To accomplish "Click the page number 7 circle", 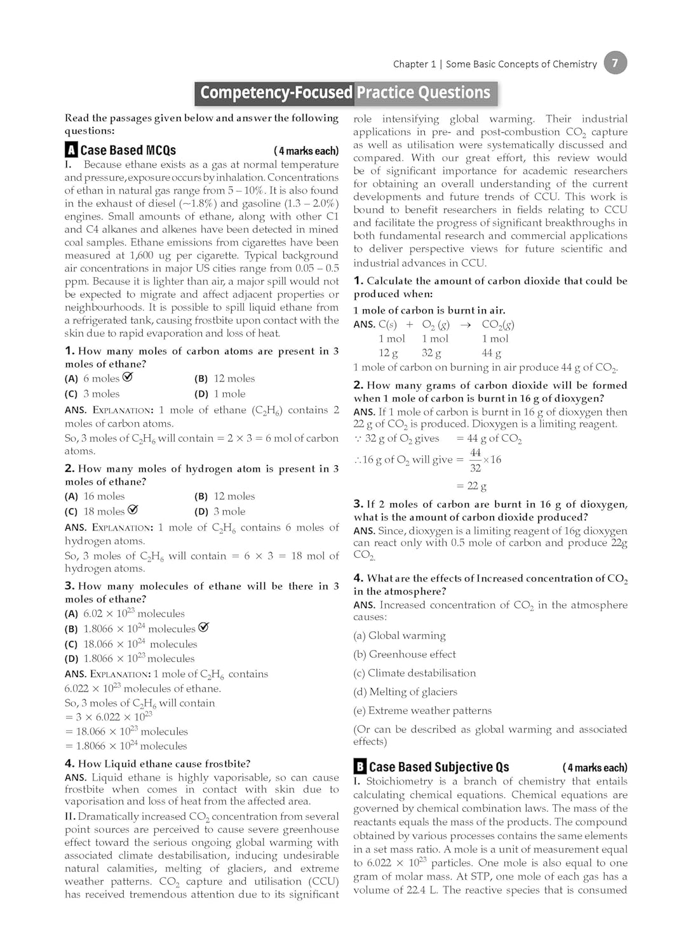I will coord(615,63).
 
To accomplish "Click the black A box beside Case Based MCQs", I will coord(71,150).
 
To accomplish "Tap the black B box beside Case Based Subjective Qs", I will coord(360,766).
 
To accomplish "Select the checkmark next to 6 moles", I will coord(128,377).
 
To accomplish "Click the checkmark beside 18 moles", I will coord(133,510).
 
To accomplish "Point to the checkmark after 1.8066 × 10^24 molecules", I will coord(203,627).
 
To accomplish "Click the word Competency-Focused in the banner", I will coord(276,93).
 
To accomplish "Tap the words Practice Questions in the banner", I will coord(424,93).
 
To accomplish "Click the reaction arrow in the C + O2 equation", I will coord(466,325).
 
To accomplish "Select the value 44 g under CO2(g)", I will coord(491,353).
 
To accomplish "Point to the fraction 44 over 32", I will coord(475,460).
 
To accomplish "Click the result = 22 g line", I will coord(471,486).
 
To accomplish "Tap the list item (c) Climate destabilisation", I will coord(414,673).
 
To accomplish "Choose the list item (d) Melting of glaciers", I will coord(405,692).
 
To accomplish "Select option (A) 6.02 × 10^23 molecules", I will coord(124,614).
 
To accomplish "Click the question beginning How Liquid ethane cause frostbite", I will coord(158,764).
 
